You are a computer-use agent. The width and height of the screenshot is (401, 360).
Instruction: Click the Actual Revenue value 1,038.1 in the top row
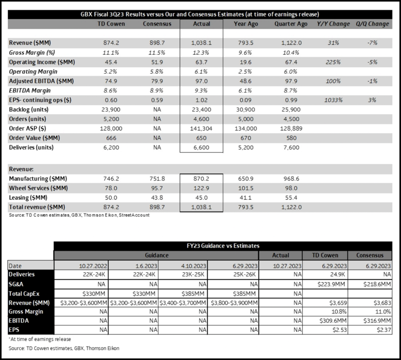coord(202,43)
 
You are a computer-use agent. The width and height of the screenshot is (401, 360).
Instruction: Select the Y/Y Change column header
coord(333,24)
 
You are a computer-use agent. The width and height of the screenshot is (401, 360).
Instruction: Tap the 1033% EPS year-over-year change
coord(333,100)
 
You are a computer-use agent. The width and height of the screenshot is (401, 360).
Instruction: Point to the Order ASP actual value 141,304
coord(202,129)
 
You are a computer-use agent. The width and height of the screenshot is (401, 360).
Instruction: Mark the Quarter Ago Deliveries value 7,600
coord(291,148)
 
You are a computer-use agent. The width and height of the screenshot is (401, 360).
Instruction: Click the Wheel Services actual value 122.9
coord(202,188)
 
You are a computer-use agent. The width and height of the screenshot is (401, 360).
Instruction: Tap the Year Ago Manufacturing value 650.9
coord(245,178)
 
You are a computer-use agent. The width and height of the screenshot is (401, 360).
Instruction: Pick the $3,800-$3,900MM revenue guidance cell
coord(234,302)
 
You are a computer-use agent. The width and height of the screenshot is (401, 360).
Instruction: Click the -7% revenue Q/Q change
coord(372,43)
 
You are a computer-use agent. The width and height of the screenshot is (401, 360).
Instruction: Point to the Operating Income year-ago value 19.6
coord(245,62)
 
